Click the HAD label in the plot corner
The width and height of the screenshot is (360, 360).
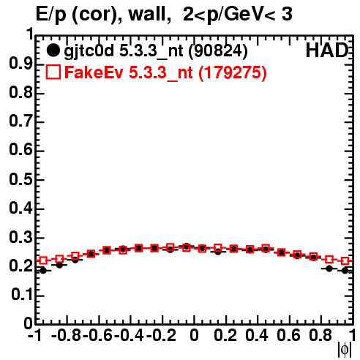click(326, 50)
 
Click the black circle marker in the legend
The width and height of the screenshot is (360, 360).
click(53, 50)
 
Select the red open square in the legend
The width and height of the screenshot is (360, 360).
click(53, 72)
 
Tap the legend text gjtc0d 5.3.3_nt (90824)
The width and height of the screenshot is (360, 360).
click(156, 51)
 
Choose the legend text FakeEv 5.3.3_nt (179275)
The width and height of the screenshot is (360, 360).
click(166, 72)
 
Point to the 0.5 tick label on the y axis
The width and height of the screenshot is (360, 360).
click(20, 180)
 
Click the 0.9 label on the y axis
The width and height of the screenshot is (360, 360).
click(20, 64)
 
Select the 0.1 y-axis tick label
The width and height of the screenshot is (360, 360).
click(22, 295)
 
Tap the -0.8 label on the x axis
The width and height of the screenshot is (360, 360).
click(66, 335)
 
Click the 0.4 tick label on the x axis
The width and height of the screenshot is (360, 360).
click(257, 335)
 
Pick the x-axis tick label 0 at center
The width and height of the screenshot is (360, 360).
click(194, 335)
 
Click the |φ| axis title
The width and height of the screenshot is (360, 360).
click(345, 350)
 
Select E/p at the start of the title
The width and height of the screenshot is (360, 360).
click(51, 15)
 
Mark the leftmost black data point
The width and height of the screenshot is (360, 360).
click(43, 271)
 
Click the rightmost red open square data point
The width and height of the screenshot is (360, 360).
click(345, 261)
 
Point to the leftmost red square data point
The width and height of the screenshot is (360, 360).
click(43, 260)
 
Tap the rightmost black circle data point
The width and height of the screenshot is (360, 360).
click(345, 271)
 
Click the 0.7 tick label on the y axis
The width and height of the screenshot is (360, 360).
click(20, 122)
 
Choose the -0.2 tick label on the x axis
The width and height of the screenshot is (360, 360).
click(161, 335)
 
